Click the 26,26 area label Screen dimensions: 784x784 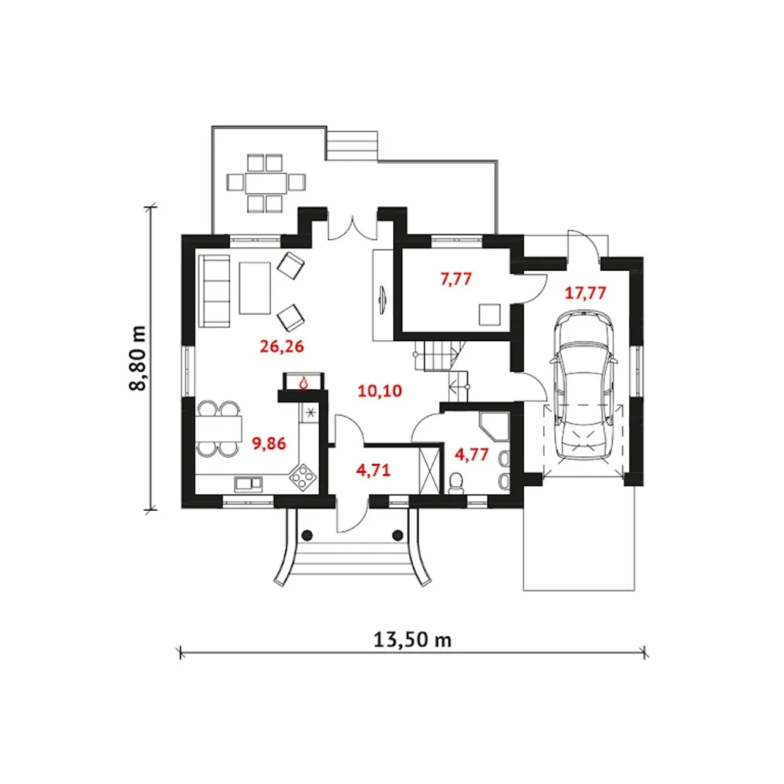tap(282, 347)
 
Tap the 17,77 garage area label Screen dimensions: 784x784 tap(586, 293)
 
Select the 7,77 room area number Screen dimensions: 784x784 tap(456, 279)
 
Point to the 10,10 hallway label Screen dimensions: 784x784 tap(380, 391)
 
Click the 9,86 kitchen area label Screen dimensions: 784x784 tap(269, 443)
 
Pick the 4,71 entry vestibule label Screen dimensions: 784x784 tap(373, 470)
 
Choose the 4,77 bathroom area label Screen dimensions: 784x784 tap(472, 454)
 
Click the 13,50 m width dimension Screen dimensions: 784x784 tap(413, 640)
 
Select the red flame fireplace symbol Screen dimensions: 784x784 tap(304, 383)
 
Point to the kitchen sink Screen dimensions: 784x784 tap(248, 483)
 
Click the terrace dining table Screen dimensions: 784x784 tap(266, 183)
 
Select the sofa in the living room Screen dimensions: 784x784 tap(214, 290)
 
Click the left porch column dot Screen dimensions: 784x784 tap(307, 535)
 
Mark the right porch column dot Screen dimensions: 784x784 tap(398, 535)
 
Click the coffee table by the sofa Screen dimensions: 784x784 tap(255, 288)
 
